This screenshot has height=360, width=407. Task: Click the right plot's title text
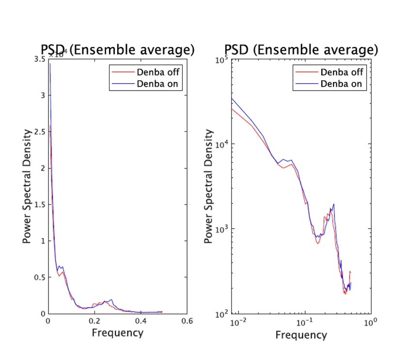tap(301, 49)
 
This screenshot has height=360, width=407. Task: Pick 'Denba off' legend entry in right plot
tap(341, 73)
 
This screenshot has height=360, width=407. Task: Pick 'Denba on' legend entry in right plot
tap(341, 84)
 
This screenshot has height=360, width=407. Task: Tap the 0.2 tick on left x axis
tap(94, 321)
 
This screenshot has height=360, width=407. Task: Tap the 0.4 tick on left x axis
tap(141, 321)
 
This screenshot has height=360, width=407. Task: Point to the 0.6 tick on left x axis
tap(188, 321)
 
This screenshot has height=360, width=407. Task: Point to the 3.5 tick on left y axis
tap(39, 59)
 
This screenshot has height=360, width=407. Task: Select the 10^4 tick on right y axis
tap(222, 144)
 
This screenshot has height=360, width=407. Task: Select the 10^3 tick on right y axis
tap(222, 229)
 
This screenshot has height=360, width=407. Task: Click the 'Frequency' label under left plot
tap(118, 333)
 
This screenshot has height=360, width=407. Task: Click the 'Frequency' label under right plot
tap(301, 335)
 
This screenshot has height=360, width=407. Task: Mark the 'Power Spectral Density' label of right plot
tap(209, 186)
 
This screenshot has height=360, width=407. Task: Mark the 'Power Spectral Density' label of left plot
tap(27, 186)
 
